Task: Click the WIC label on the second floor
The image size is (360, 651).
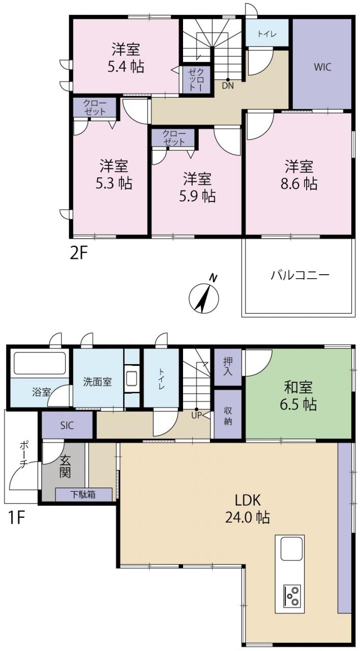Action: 322,67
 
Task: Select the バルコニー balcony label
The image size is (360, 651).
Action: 300,275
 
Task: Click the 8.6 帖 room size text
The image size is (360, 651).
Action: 298,184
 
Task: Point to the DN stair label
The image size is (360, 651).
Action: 228,86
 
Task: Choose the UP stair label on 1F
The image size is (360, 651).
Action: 196,416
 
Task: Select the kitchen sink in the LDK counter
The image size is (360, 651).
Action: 291,549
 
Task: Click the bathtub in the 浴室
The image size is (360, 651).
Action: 40,363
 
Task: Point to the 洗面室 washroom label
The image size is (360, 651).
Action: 97,381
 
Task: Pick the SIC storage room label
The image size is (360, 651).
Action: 67,426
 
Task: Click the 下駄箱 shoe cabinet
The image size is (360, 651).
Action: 84,494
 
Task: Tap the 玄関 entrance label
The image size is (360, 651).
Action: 65,466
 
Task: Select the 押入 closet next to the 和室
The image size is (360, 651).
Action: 228,367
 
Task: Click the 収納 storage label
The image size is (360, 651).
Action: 228,416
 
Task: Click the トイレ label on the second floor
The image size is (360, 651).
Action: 267,34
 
